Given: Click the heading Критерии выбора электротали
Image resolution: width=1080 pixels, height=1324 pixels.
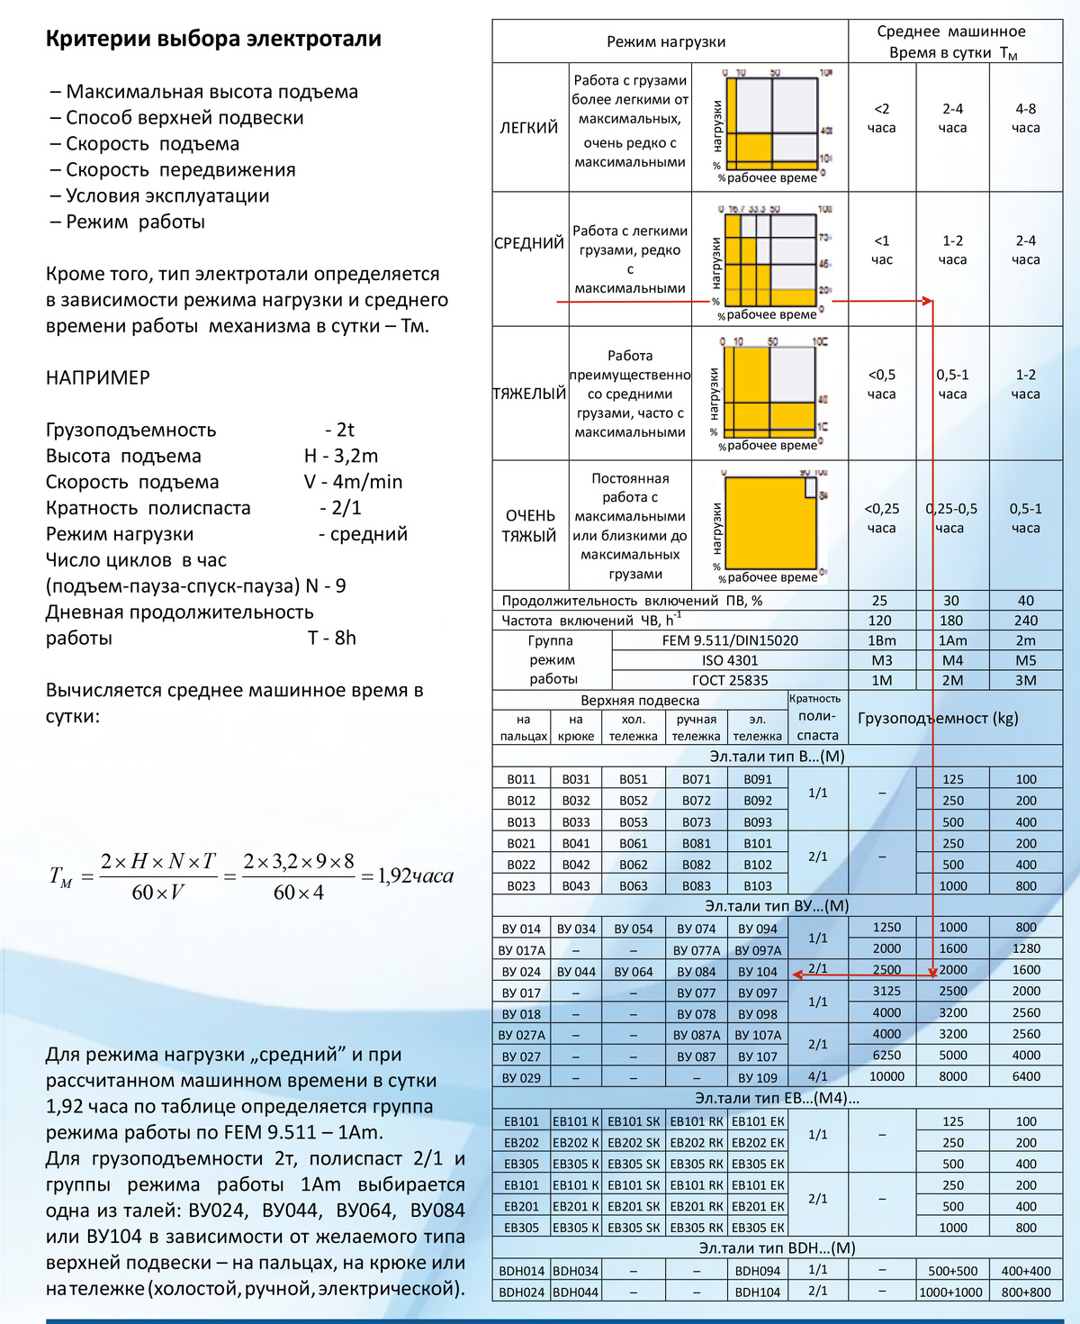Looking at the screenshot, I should point(213,39).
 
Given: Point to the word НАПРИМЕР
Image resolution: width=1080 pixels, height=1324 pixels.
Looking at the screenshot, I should point(98,377).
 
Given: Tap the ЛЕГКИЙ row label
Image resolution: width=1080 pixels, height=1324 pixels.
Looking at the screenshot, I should point(529,128).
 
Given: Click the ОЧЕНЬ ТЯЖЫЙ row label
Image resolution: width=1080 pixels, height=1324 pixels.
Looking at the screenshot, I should point(529,526).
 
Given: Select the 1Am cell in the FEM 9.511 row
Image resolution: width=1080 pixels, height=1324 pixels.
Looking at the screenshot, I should point(952,640).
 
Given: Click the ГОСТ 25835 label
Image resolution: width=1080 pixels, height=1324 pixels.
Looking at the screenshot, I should point(729,680).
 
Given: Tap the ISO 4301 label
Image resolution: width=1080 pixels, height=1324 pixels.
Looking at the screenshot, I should point(729,660).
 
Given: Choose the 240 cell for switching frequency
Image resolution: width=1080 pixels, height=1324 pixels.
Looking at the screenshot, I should point(1025,621).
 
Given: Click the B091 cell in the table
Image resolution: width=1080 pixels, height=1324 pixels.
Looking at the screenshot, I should point(758,779).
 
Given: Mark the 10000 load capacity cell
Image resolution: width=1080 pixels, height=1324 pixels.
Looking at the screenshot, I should point(886,1076).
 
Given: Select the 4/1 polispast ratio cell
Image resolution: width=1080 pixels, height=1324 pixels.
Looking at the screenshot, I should point(817,1076).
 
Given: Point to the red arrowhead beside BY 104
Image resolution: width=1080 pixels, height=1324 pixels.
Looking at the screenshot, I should point(797,975).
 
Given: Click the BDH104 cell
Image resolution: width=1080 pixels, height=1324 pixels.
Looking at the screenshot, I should point(758,1292).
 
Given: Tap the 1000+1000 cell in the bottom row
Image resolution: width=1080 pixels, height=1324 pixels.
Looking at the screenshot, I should point(951,1292).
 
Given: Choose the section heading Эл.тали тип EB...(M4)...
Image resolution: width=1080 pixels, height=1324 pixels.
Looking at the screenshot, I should point(777,1098).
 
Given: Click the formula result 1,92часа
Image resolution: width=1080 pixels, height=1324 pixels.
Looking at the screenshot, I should point(415,875).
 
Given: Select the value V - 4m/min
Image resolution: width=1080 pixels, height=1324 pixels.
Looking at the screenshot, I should point(353,482).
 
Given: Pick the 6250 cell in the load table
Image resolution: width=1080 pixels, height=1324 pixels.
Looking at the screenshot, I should point(886,1055).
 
